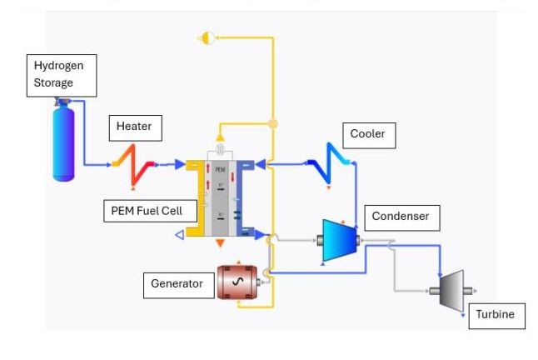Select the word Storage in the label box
click(54, 82)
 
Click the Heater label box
click(134, 127)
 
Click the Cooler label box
click(367, 134)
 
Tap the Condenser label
click(401, 217)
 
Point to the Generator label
click(177, 284)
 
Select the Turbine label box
click(496, 315)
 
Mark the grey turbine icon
click(451, 290)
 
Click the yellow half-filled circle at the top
click(208, 37)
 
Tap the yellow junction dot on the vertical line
click(272, 124)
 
